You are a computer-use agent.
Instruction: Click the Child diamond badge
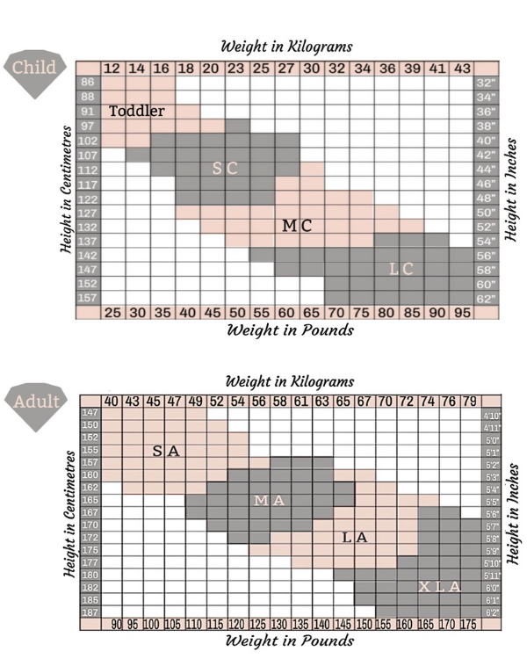tap(33, 69)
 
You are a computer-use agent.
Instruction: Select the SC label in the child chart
tap(225, 168)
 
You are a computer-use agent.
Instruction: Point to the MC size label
tap(296, 226)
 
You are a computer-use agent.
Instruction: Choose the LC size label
tap(401, 269)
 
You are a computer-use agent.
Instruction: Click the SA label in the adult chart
tap(165, 451)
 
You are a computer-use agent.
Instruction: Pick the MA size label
tap(269, 501)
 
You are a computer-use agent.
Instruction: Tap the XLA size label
tap(438, 586)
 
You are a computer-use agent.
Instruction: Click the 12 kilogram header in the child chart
tap(112, 69)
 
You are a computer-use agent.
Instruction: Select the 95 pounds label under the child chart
tap(462, 313)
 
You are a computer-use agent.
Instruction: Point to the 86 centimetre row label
tap(88, 82)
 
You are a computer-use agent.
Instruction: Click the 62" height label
tap(486, 299)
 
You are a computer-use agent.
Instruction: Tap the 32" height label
tap(486, 82)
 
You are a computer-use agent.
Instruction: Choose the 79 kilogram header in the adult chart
tap(470, 402)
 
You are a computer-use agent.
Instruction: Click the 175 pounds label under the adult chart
tap(468, 625)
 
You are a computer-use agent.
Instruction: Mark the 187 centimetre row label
tap(90, 611)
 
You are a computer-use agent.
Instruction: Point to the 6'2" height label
tap(492, 611)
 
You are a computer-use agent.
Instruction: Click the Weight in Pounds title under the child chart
tap(290, 330)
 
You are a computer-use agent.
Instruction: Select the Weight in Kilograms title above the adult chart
tap(289, 381)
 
